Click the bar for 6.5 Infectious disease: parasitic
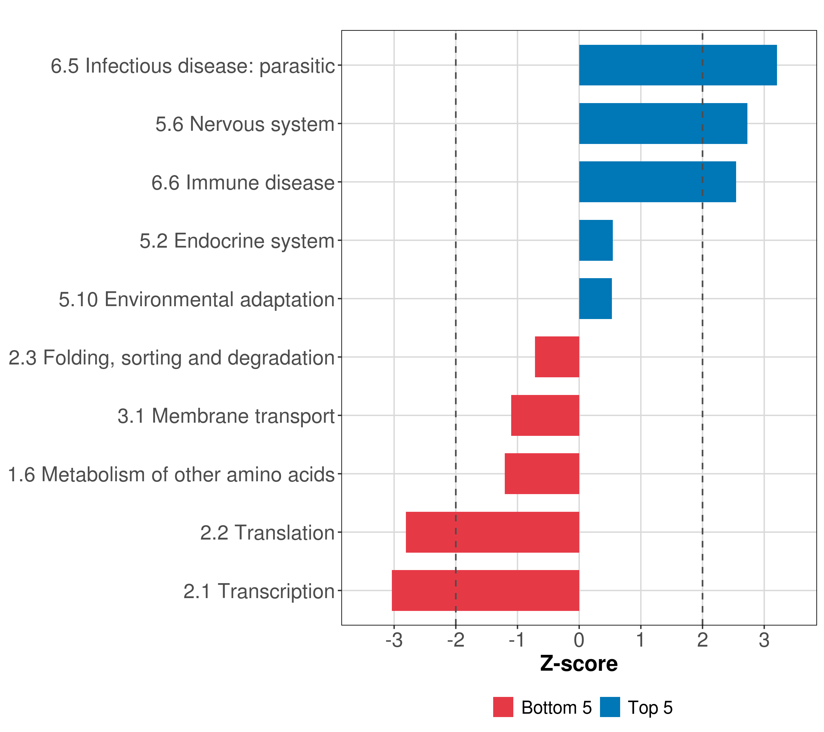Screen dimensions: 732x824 point(678,65)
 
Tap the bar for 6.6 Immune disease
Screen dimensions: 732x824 point(657,182)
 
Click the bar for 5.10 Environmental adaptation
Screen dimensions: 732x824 point(595,299)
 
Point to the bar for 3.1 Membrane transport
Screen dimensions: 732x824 point(545,415)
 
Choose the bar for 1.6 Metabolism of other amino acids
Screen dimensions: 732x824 point(542,474)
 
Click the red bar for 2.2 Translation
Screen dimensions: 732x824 point(492,532)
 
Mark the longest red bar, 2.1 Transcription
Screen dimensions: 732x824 point(485,590)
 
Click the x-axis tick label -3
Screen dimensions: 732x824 point(394,640)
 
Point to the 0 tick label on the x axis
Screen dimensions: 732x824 point(579,640)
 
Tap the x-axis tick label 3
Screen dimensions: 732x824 point(764,640)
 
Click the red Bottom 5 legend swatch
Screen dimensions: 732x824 point(503,707)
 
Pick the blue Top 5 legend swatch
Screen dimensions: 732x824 point(610,707)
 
